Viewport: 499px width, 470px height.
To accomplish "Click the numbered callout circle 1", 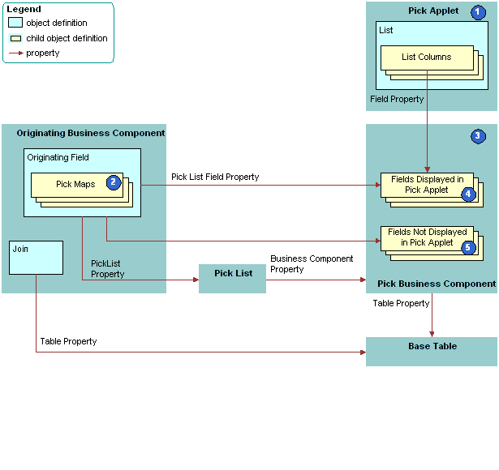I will point(478,12).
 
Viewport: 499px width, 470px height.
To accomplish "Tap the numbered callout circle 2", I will point(114,183).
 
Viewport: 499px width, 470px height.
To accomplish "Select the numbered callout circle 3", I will point(478,136).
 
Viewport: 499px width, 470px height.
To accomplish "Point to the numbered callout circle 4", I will point(468,194).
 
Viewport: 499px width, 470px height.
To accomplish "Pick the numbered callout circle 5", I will point(468,247).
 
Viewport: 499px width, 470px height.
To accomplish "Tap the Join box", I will point(37,257).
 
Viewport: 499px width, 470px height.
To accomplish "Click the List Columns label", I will point(426,57).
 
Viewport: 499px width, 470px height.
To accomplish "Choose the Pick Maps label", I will point(75,184).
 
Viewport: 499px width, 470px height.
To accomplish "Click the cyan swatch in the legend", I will point(15,23).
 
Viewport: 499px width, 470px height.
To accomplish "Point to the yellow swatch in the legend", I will point(15,38).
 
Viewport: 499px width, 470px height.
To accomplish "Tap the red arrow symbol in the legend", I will point(15,53).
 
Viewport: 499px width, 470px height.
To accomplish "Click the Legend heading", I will point(24,9).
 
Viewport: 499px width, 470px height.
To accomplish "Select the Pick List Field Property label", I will point(215,177).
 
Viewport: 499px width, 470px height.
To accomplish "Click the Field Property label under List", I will point(397,99).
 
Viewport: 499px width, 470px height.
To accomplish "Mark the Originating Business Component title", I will point(91,133).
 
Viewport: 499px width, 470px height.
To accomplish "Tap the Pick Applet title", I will point(432,11).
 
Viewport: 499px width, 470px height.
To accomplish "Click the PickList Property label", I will point(108,269).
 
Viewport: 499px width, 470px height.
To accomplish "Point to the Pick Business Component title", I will point(437,284).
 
